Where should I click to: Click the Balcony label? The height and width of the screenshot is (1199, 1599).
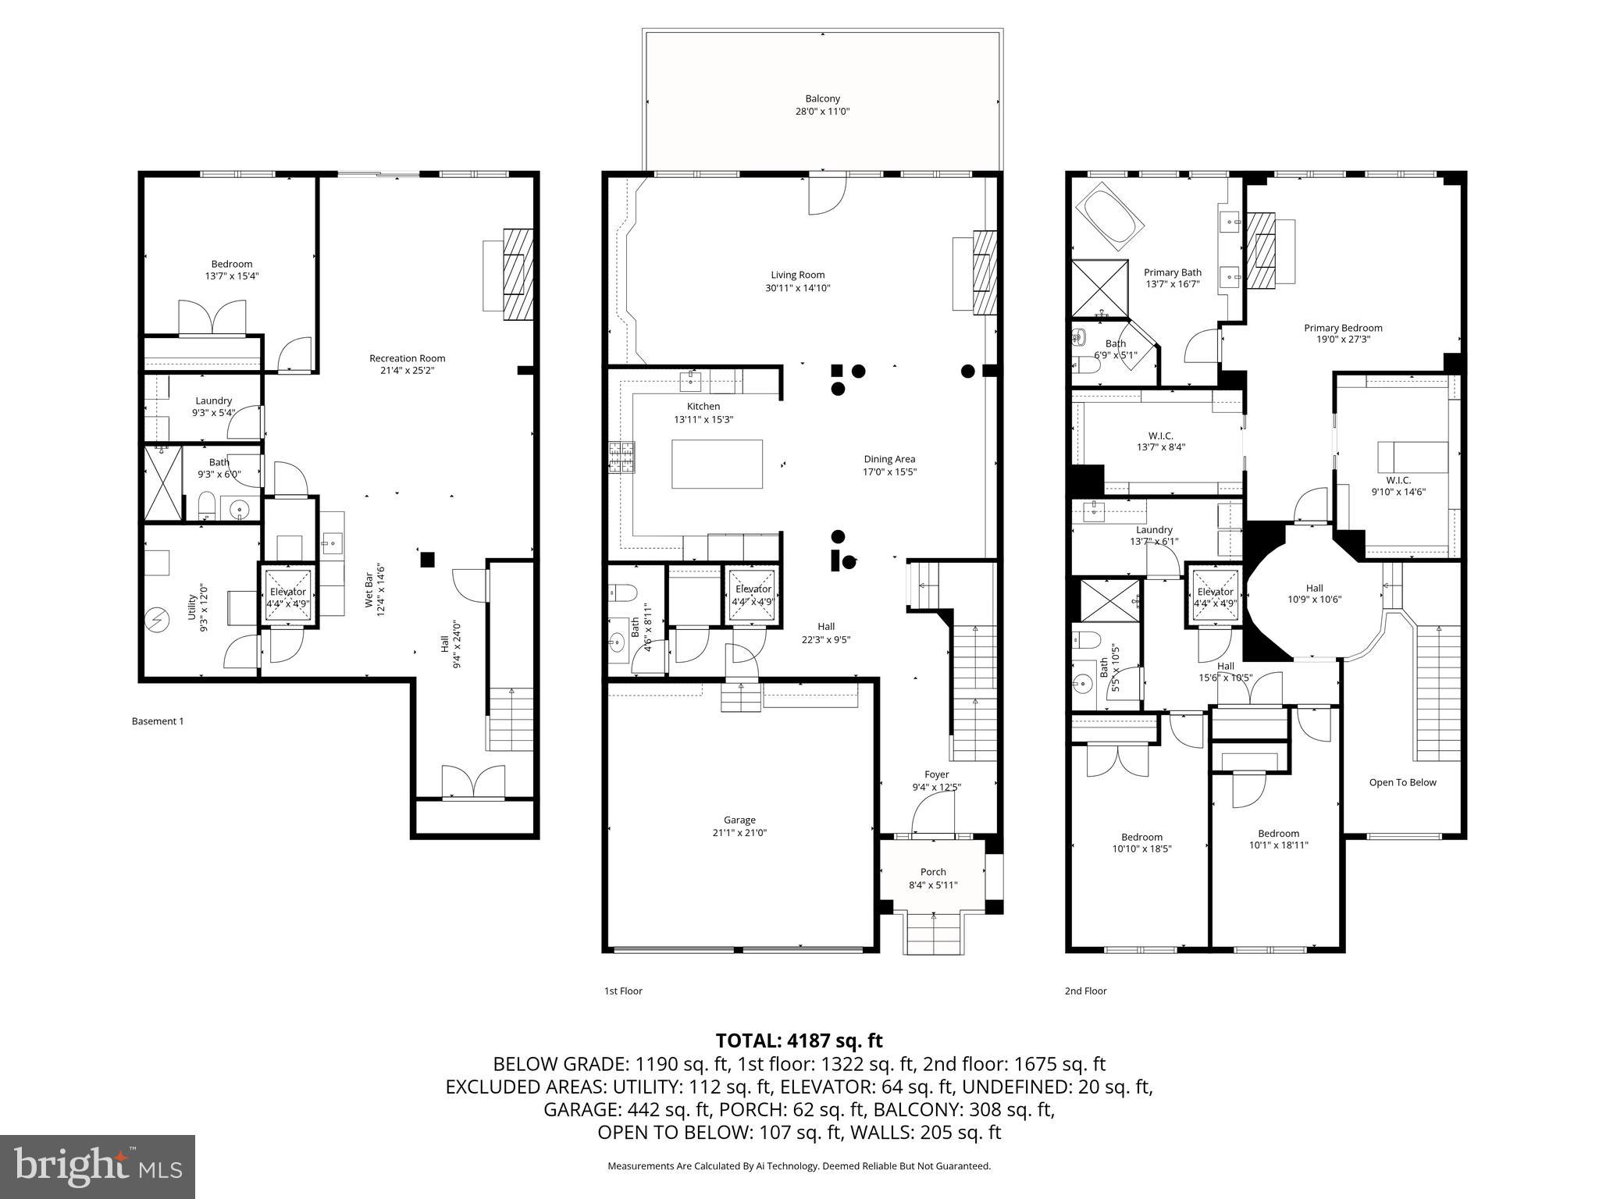pos(822,99)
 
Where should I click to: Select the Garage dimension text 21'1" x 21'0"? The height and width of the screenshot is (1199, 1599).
pos(739,832)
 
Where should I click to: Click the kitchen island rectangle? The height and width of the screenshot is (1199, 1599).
pos(717,464)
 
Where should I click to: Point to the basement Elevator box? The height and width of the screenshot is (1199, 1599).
pos(288,596)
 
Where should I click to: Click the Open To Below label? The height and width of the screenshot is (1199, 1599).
pos(1402,782)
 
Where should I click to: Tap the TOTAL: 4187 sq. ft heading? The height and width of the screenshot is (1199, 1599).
pos(799,1041)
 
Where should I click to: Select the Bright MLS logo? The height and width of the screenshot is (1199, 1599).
pos(98,1166)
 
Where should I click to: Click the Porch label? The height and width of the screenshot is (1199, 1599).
pos(933,872)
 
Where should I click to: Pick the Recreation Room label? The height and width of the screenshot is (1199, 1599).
pos(407,358)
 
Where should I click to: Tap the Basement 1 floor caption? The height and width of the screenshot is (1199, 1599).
pos(158,721)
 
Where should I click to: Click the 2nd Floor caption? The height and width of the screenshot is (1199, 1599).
pos(1085,991)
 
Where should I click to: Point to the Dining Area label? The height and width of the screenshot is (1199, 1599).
pos(889,459)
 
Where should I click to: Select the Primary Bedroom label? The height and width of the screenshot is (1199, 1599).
pos(1343,328)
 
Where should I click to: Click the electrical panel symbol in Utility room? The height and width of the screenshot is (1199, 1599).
pos(158,621)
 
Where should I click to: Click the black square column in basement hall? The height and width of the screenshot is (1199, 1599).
pos(427,559)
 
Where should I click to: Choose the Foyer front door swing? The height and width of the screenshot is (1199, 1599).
pos(931,817)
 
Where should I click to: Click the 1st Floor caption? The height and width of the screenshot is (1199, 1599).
pos(622,991)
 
